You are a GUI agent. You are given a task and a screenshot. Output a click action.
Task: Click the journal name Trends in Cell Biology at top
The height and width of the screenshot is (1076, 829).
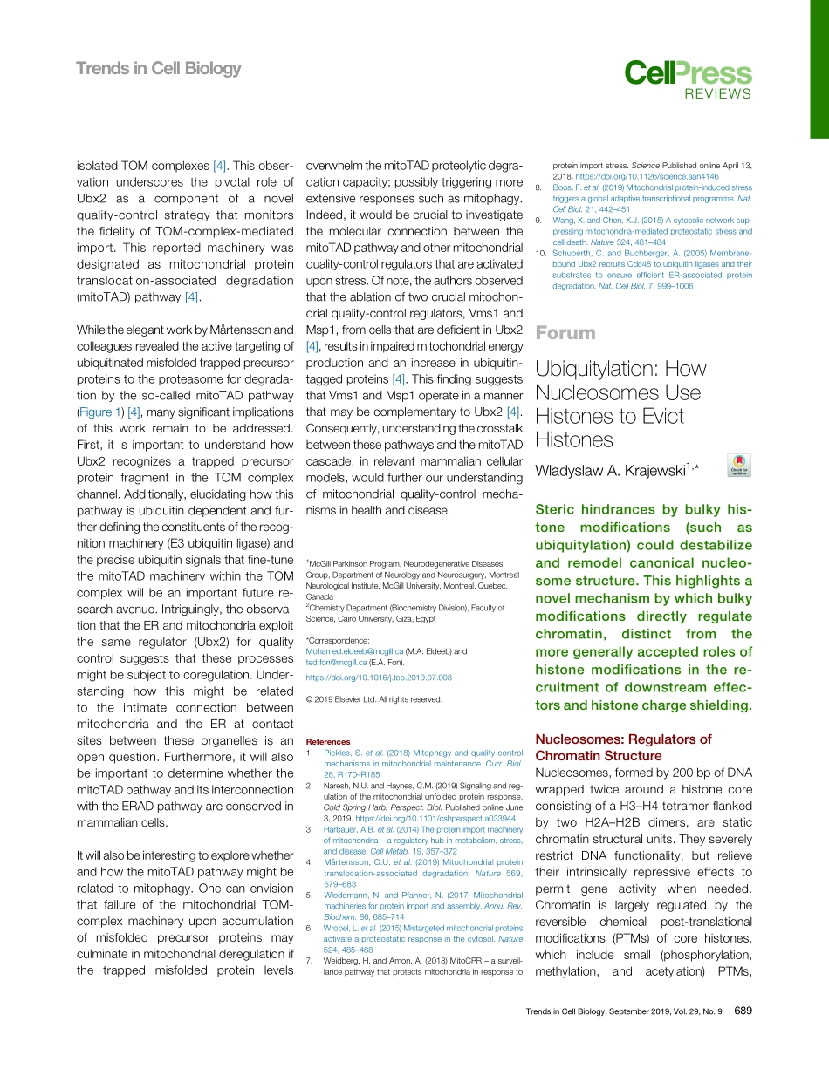coord(158,68)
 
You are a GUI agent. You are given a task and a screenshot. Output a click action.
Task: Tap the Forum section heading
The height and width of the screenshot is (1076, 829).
coord(565,332)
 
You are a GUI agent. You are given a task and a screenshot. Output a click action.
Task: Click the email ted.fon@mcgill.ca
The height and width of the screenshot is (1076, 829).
coord(336,662)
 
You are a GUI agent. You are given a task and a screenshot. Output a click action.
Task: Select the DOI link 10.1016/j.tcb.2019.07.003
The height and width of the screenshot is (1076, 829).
coord(379,678)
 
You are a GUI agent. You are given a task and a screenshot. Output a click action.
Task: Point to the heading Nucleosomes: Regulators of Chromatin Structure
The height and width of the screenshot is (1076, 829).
coord(622,747)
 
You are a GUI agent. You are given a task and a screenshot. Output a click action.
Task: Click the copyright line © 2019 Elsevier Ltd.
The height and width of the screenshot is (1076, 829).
coord(374,698)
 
